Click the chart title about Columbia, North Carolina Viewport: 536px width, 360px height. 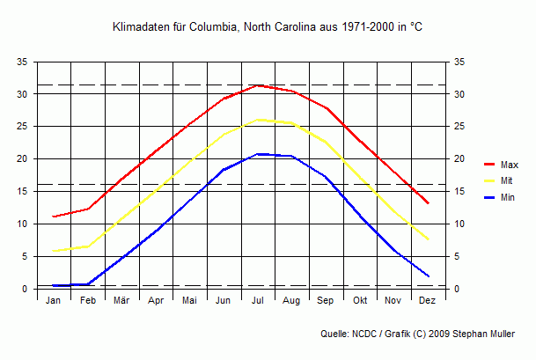(268, 27)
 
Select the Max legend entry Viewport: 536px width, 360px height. (509, 165)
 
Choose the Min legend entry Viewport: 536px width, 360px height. (508, 198)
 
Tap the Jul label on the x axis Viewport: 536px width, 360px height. (258, 301)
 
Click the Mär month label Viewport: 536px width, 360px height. (121, 301)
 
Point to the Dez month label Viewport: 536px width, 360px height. (428, 301)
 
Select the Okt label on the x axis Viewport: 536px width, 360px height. (360, 301)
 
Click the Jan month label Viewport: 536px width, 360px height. (54, 301)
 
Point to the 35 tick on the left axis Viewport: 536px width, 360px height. (23, 62)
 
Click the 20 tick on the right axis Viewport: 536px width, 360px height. (459, 159)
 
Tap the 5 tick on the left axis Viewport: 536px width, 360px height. (26, 257)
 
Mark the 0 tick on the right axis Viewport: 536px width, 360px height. (457, 289)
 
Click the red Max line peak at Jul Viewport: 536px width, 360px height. (258, 85)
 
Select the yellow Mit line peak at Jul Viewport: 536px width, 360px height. (258, 119)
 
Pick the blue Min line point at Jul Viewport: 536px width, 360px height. (258, 154)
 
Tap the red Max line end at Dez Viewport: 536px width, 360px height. (428, 203)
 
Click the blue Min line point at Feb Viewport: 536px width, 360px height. (88, 284)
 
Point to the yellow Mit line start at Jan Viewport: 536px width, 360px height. (54, 251)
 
